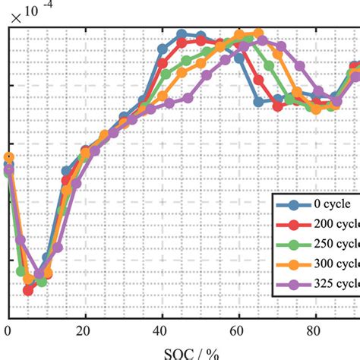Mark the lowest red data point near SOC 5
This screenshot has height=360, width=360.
pyautogui.click(x=28, y=290)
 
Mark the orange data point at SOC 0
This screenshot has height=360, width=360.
pyautogui.click(x=8, y=157)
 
